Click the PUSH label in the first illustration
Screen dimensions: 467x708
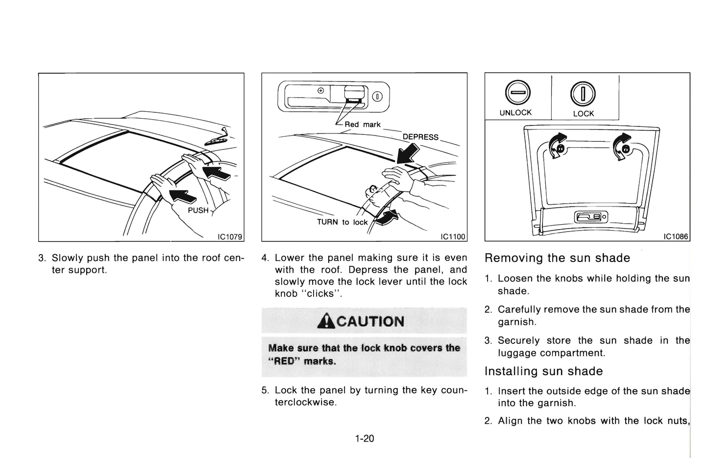pyautogui.click(x=198, y=210)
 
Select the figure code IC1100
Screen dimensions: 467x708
pyautogui.click(x=453, y=237)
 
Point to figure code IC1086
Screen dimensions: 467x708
pyautogui.click(x=676, y=237)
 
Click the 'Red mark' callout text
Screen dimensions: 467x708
pyautogui.click(x=362, y=125)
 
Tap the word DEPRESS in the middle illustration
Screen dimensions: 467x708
pyautogui.click(x=420, y=137)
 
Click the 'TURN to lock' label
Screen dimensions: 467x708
pyautogui.click(x=342, y=222)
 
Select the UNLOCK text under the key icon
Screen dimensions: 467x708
pyautogui.click(x=515, y=113)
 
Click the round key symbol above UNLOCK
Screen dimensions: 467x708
pyautogui.click(x=515, y=92)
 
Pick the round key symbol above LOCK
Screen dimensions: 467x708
pyautogui.click(x=583, y=93)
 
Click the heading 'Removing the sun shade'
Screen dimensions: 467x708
pyautogui.click(x=557, y=258)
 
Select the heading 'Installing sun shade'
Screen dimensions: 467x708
pyautogui.click(x=543, y=371)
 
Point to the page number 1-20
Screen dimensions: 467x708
pyautogui.click(x=365, y=439)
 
